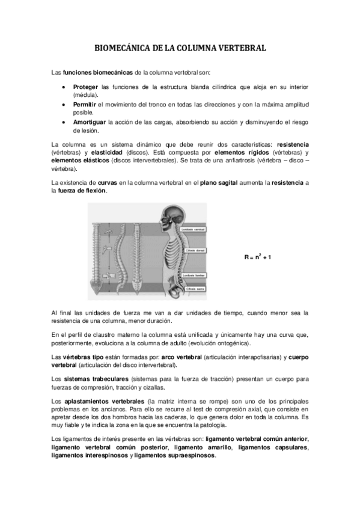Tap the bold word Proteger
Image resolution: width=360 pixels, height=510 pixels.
pyautogui.click(x=85, y=88)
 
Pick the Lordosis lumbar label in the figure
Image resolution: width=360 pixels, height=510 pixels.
pyautogui.click(x=193, y=275)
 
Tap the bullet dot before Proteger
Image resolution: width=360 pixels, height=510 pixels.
pyautogui.click(x=64, y=88)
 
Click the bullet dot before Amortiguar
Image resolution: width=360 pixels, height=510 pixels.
pyautogui.click(x=64, y=122)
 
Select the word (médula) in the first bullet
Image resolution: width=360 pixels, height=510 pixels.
pyautogui.click(x=86, y=95)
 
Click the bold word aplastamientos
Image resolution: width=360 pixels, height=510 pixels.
pyautogui.click(x=96, y=400)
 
